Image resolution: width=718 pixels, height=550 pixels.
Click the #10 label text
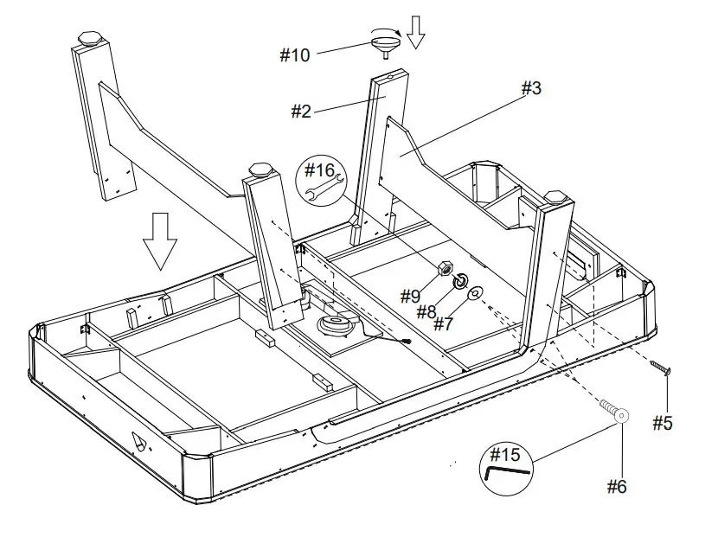click(294, 55)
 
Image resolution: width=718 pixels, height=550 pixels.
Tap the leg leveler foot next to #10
click(385, 42)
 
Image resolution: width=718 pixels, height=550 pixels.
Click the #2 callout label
click(300, 112)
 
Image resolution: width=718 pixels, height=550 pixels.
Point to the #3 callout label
click(530, 88)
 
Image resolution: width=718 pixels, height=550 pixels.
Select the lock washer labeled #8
click(461, 281)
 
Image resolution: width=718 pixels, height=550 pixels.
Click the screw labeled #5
click(662, 369)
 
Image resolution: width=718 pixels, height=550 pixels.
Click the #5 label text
click(662, 423)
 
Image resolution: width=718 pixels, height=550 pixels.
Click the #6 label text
click(615, 487)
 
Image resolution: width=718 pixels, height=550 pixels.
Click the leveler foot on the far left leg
click(89, 40)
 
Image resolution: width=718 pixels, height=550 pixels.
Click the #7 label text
click(443, 324)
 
